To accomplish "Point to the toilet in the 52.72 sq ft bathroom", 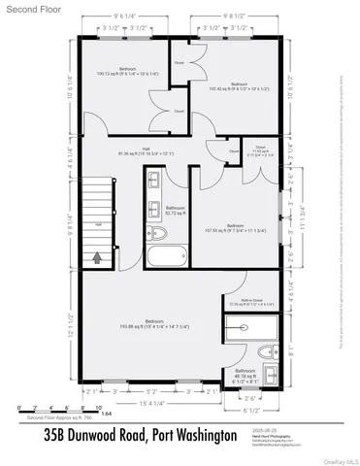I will coord(158,233).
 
